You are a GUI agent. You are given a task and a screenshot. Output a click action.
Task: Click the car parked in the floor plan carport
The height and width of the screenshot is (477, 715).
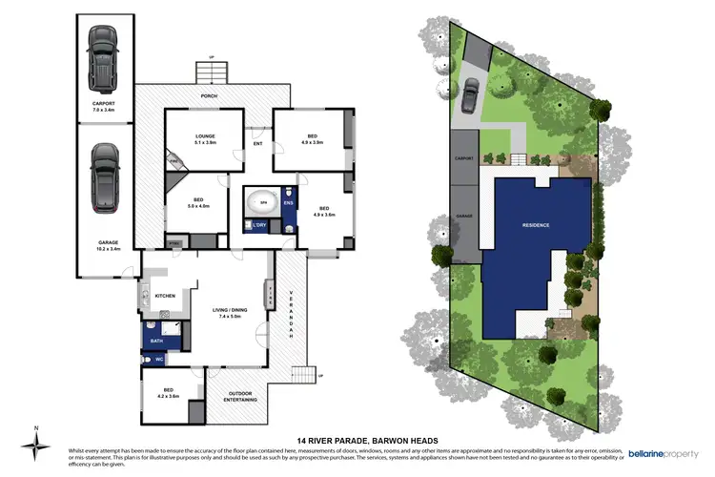pyautogui.click(x=101, y=55)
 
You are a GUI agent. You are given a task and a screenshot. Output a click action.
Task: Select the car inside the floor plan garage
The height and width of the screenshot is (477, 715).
pyautogui.click(x=105, y=178)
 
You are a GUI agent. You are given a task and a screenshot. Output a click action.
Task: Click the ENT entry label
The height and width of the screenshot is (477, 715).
pyautogui.click(x=257, y=144)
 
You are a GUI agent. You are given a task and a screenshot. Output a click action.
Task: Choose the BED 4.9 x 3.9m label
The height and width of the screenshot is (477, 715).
pyautogui.click(x=311, y=139)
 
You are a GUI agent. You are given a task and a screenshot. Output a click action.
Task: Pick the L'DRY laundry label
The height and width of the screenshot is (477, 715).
pyautogui.click(x=260, y=225)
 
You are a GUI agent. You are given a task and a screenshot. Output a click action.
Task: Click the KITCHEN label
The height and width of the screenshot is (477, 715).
pyautogui.click(x=164, y=297)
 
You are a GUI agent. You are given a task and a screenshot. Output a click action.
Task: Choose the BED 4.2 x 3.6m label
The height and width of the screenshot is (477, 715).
pyautogui.click(x=170, y=393)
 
